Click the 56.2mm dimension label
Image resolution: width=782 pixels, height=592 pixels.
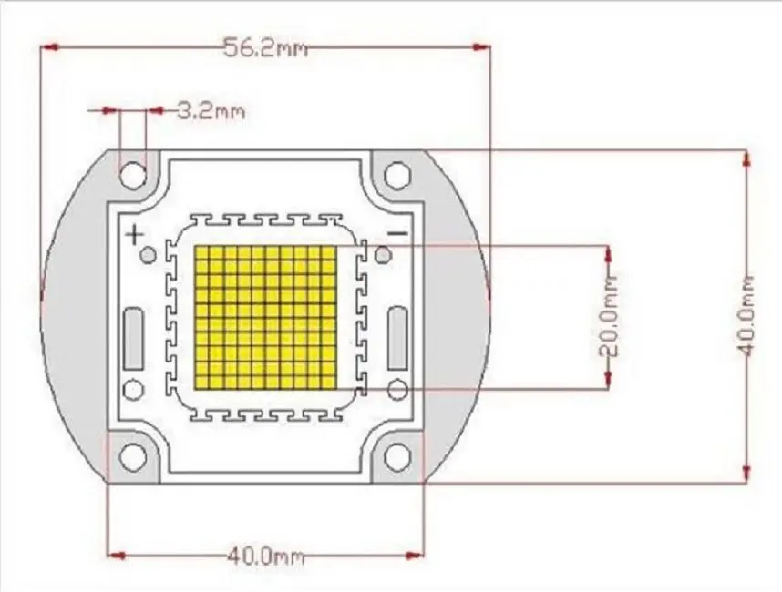[x=265, y=48]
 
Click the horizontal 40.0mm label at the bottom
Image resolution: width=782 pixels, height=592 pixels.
[x=265, y=555]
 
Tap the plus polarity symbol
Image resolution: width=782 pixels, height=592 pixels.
[x=134, y=235]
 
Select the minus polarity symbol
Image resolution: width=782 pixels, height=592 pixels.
[x=397, y=234]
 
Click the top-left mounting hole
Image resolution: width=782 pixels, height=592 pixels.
[x=134, y=174]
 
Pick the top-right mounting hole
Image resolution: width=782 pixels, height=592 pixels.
[x=397, y=174]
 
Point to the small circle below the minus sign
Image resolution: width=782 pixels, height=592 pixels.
[x=385, y=256]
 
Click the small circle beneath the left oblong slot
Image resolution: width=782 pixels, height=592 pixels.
[x=134, y=391]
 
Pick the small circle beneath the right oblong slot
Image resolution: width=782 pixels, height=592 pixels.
[x=397, y=391]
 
